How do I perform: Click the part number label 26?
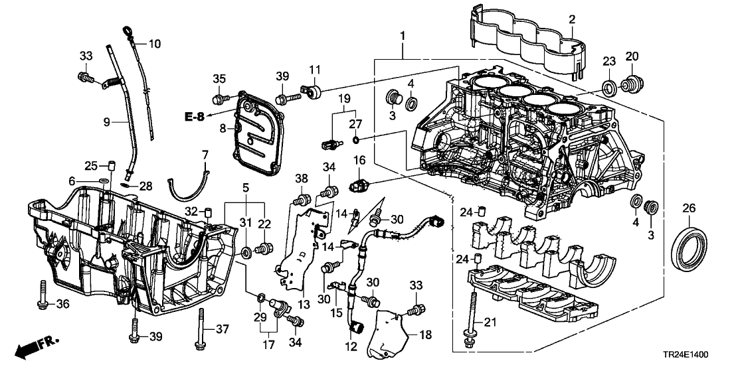pyautogui.click(x=689, y=208)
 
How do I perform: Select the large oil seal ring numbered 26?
pyautogui.click(x=690, y=248)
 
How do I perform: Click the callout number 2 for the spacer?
pyautogui.click(x=571, y=21)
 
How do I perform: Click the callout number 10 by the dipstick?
pyautogui.click(x=154, y=44)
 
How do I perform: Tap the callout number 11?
pyautogui.click(x=314, y=68)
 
